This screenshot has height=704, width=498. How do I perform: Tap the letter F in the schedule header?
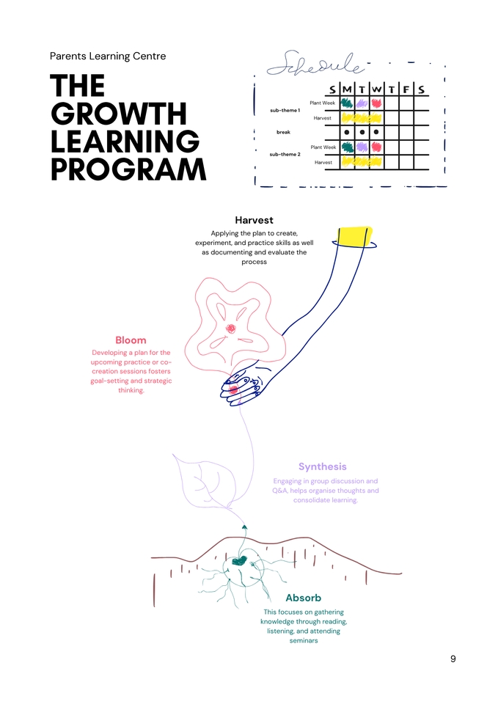(x=406, y=89)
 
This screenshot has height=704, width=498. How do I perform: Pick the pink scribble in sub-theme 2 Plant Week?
(x=376, y=147)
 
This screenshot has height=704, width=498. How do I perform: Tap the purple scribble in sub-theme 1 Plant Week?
(x=362, y=103)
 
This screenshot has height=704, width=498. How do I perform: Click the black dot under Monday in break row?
(x=347, y=132)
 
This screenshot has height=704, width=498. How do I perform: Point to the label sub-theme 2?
(x=285, y=154)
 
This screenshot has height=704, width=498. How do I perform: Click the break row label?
(x=283, y=132)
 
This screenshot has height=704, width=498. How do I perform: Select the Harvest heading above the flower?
(x=254, y=220)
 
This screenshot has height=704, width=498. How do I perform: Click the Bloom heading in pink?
(x=131, y=340)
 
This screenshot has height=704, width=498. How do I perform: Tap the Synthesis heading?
(x=322, y=466)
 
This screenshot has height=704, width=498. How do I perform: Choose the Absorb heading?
(x=303, y=598)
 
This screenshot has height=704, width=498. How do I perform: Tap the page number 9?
(x=453, y=659)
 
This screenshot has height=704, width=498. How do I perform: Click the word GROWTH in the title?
(x=119, y=114)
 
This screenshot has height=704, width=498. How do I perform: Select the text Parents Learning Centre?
(x=108, y=56)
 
